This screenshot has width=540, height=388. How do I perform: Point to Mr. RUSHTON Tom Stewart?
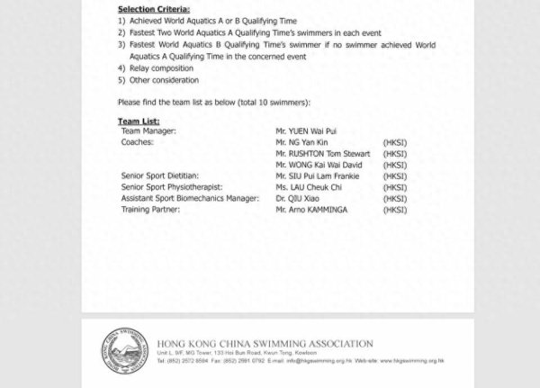[322, 154]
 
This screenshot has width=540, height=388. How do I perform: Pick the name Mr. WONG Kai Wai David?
[320, 165]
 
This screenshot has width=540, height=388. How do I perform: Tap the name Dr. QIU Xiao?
[299, 198]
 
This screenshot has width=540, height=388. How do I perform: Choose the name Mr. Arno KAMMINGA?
[313, 210]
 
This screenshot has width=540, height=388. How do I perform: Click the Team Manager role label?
[148, 131]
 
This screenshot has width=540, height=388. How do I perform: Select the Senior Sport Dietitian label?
[159, 176]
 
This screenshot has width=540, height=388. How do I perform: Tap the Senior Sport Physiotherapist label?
[168, 187]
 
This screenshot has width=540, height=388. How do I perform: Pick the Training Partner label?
[150, 210]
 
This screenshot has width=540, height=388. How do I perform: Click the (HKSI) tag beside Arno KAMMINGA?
[395, 210]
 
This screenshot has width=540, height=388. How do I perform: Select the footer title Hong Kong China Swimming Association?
[265, 343]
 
